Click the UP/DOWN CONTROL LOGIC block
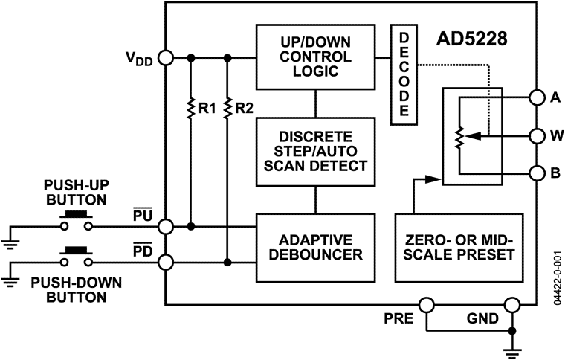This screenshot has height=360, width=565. click(x=314, y=57)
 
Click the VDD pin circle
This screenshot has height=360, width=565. click(x=166, y=57)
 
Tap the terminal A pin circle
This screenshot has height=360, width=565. click(x=537, y=97)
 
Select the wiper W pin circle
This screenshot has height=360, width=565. click(x=537, y=136)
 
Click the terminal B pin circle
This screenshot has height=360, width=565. click(x=537, y=174)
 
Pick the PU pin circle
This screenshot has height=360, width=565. click(x=166, y=226)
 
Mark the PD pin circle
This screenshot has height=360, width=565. click(x=166, y=262)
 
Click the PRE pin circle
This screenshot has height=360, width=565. click(x=426, y=305)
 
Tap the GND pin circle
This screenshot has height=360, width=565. click(x=511, y=305)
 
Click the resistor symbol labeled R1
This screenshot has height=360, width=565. click(x=192, y=108)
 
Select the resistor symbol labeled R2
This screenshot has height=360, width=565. click(x=227, y=108)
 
